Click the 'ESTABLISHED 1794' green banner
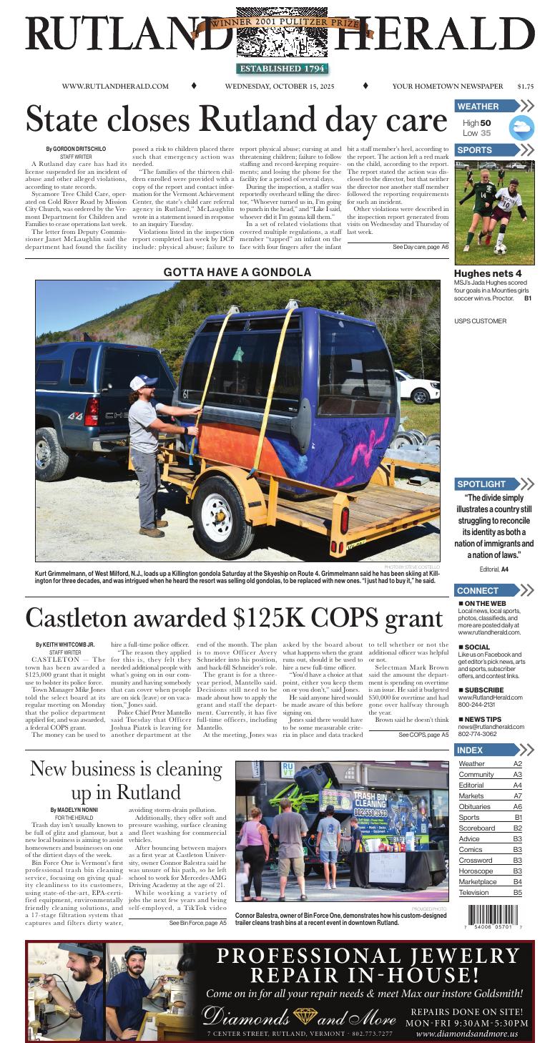point(282,69)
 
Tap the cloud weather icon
point(521,128)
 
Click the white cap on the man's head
point(142,382)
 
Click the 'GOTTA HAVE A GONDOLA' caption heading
point(237,273)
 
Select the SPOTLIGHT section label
point(482,484)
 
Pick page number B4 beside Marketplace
point(517,882)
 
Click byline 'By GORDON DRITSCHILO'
point(76,149)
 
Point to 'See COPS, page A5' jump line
point(423,735)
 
